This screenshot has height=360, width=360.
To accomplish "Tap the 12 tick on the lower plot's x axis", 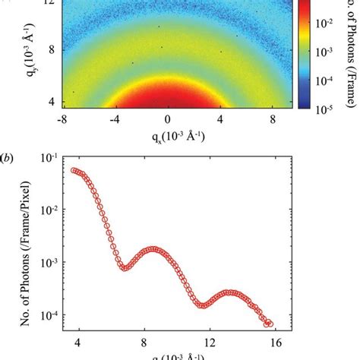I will coord(208,345).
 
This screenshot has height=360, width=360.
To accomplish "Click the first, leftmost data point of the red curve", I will coord(74,170).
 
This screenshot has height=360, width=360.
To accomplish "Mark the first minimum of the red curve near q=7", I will coord(125,268).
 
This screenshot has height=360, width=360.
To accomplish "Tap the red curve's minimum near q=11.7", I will coord(202,305).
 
